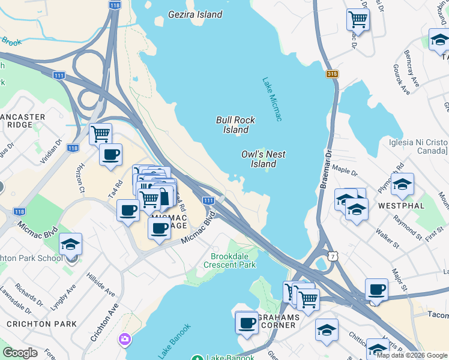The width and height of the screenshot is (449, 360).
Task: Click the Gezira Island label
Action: (195, 14)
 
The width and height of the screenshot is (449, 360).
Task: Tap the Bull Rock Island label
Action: (232, 125)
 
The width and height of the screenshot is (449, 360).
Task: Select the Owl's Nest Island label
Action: (263, 159)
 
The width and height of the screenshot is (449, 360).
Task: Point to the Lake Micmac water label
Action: (271, 99)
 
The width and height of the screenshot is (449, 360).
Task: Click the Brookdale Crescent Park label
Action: (229, 260)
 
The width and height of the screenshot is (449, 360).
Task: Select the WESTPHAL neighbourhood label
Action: (402, 205)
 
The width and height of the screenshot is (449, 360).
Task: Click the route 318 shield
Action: (333, 73)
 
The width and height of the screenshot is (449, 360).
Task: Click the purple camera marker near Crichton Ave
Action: (125, 340)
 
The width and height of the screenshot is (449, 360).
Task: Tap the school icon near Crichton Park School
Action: (70, 244)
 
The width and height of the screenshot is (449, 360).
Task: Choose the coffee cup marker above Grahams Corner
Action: (247, 322)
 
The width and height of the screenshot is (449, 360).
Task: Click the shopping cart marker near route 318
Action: (358, 19)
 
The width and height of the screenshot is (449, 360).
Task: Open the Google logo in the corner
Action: (20, 353)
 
